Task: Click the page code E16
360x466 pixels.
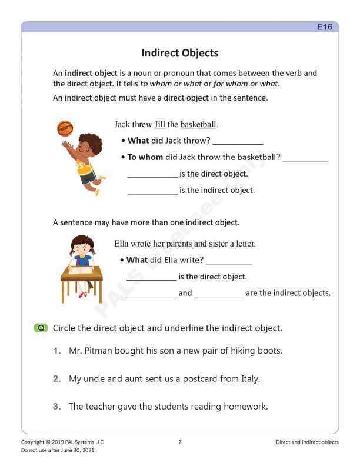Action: coord(325,27)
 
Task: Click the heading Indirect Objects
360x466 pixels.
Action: coord(179,53)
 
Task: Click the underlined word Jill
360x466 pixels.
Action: coord(159,125)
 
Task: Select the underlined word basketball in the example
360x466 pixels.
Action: coord(198,125)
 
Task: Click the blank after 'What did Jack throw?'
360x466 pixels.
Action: coord(238,141)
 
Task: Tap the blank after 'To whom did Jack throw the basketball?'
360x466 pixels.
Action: coord(305,158)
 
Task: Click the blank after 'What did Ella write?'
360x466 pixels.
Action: coord(229,260)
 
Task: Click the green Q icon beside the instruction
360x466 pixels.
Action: coord(41,328)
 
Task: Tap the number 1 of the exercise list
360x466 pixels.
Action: coord(56,351)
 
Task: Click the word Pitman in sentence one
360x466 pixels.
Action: coord(101,351)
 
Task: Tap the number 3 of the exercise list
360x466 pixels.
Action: coord(56,407)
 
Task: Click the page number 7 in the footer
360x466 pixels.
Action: coord(179,442)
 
